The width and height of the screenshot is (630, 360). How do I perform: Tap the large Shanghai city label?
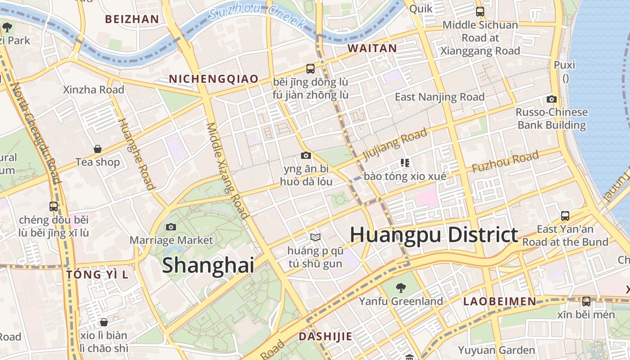coord(208,265)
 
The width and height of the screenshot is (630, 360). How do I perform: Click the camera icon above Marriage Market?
coord(171,227)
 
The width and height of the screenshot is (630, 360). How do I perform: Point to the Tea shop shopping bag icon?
coord(98,149)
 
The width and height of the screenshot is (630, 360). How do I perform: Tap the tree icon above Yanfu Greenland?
coord(400,288)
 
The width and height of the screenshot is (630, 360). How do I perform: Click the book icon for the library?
coord(315,237)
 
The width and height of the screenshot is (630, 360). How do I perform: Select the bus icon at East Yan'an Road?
coord(565,216)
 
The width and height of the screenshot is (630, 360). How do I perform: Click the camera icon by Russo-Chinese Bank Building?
coord(552,99)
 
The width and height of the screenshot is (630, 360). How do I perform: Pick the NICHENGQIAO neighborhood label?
coord(214,79)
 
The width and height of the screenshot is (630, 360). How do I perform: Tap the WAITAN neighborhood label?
coord(372,48)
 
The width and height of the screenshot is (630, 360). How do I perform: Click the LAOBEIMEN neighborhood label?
coord(499,301)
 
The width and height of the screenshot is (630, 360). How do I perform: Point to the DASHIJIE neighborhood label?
coord(325,336)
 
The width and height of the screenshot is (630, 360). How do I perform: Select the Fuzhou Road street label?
coord(505,162)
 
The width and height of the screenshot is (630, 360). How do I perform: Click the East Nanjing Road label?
coord(440,97)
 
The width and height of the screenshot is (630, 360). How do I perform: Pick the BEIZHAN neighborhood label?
coord(132,19)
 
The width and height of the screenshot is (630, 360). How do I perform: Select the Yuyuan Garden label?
coord(496,350)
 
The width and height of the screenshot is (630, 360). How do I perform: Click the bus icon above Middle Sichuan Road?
coord(480,12)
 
